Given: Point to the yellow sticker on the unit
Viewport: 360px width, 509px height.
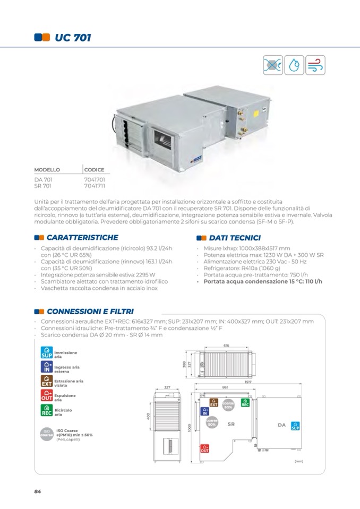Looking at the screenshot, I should tap(255, 113).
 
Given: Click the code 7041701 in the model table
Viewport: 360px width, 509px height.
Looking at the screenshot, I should tap(94, 180).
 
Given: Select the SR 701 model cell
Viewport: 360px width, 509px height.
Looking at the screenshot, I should tap(43, 186).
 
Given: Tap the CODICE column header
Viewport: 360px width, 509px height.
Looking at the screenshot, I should tap(94, 170).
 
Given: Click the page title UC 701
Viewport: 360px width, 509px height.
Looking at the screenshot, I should tap(73, 38).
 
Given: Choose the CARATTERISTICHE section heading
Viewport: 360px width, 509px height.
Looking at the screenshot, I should tap(82, 237).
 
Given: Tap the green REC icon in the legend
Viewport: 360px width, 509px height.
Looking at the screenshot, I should tap(46, 410).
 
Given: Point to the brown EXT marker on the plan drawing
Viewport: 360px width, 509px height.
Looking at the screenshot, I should tap(214, 403).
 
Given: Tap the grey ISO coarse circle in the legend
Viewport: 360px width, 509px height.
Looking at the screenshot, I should tap(46, 434).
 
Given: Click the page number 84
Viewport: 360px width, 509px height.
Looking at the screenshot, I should tap(37, 491).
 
